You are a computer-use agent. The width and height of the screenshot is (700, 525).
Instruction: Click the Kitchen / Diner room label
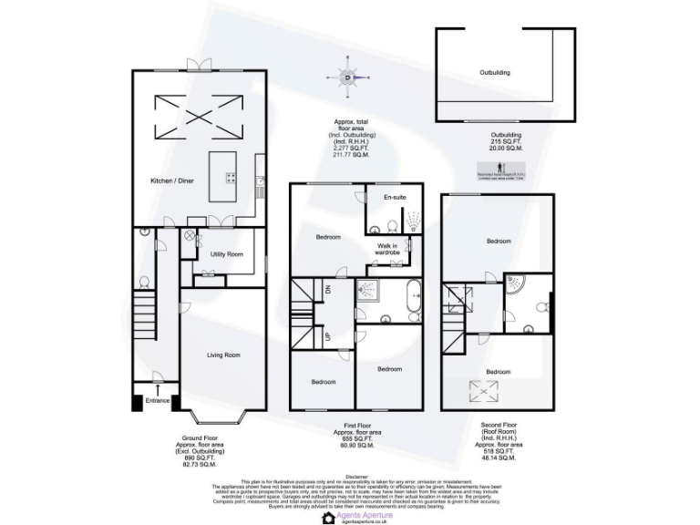coord(172,180)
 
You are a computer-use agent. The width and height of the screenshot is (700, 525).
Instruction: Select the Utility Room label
coord(226,254)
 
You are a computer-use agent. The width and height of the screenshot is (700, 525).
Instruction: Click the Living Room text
coord(223,355)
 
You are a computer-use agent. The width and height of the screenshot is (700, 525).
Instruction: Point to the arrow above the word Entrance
coord(157,389)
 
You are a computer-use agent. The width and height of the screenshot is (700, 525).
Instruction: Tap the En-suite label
coord(394,198)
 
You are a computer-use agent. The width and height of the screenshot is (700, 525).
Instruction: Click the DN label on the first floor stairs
coord(328,293)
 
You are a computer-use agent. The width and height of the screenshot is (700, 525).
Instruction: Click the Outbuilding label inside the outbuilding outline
coord(495,72)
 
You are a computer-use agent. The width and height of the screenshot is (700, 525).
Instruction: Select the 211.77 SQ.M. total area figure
coord(350,156)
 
